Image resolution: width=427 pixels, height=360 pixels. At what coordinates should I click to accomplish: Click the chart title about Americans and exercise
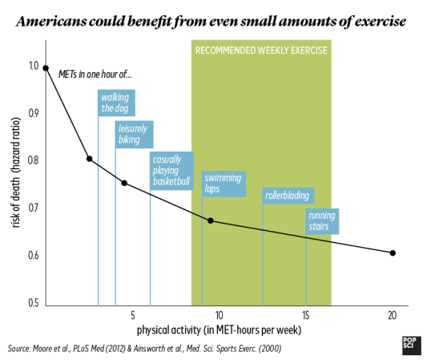(211, 22)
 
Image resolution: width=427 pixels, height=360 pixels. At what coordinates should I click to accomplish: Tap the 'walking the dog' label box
(116, 103)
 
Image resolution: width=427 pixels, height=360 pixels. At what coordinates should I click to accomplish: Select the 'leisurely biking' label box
(135, 135)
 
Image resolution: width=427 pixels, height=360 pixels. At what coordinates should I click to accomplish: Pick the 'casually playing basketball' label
(171, 171)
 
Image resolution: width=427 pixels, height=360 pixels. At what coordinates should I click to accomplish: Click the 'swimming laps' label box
(224, 184)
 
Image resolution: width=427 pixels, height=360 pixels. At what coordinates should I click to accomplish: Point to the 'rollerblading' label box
(288, 196)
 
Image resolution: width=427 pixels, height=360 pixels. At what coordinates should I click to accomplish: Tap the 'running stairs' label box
(322, 221)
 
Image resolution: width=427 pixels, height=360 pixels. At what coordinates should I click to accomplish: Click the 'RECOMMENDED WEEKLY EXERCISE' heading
(261, 51)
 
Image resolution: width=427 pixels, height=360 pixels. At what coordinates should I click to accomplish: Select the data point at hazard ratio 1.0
(46, 68)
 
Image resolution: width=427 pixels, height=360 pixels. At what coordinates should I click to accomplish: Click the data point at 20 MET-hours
(393, 253)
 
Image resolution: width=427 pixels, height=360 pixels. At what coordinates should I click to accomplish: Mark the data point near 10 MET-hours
(211, 220)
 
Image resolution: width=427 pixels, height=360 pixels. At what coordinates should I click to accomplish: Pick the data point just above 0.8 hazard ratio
(89, 159)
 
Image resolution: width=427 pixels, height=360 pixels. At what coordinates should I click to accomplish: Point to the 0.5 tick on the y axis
(34, 303)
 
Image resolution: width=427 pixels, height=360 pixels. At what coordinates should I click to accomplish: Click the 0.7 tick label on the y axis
(34, 208)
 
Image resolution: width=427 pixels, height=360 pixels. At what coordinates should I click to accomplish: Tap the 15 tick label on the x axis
(306, 315)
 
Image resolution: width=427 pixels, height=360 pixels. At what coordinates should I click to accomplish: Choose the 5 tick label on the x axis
(133, 315)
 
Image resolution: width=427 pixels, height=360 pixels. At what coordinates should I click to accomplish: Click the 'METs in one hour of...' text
(95, 75)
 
